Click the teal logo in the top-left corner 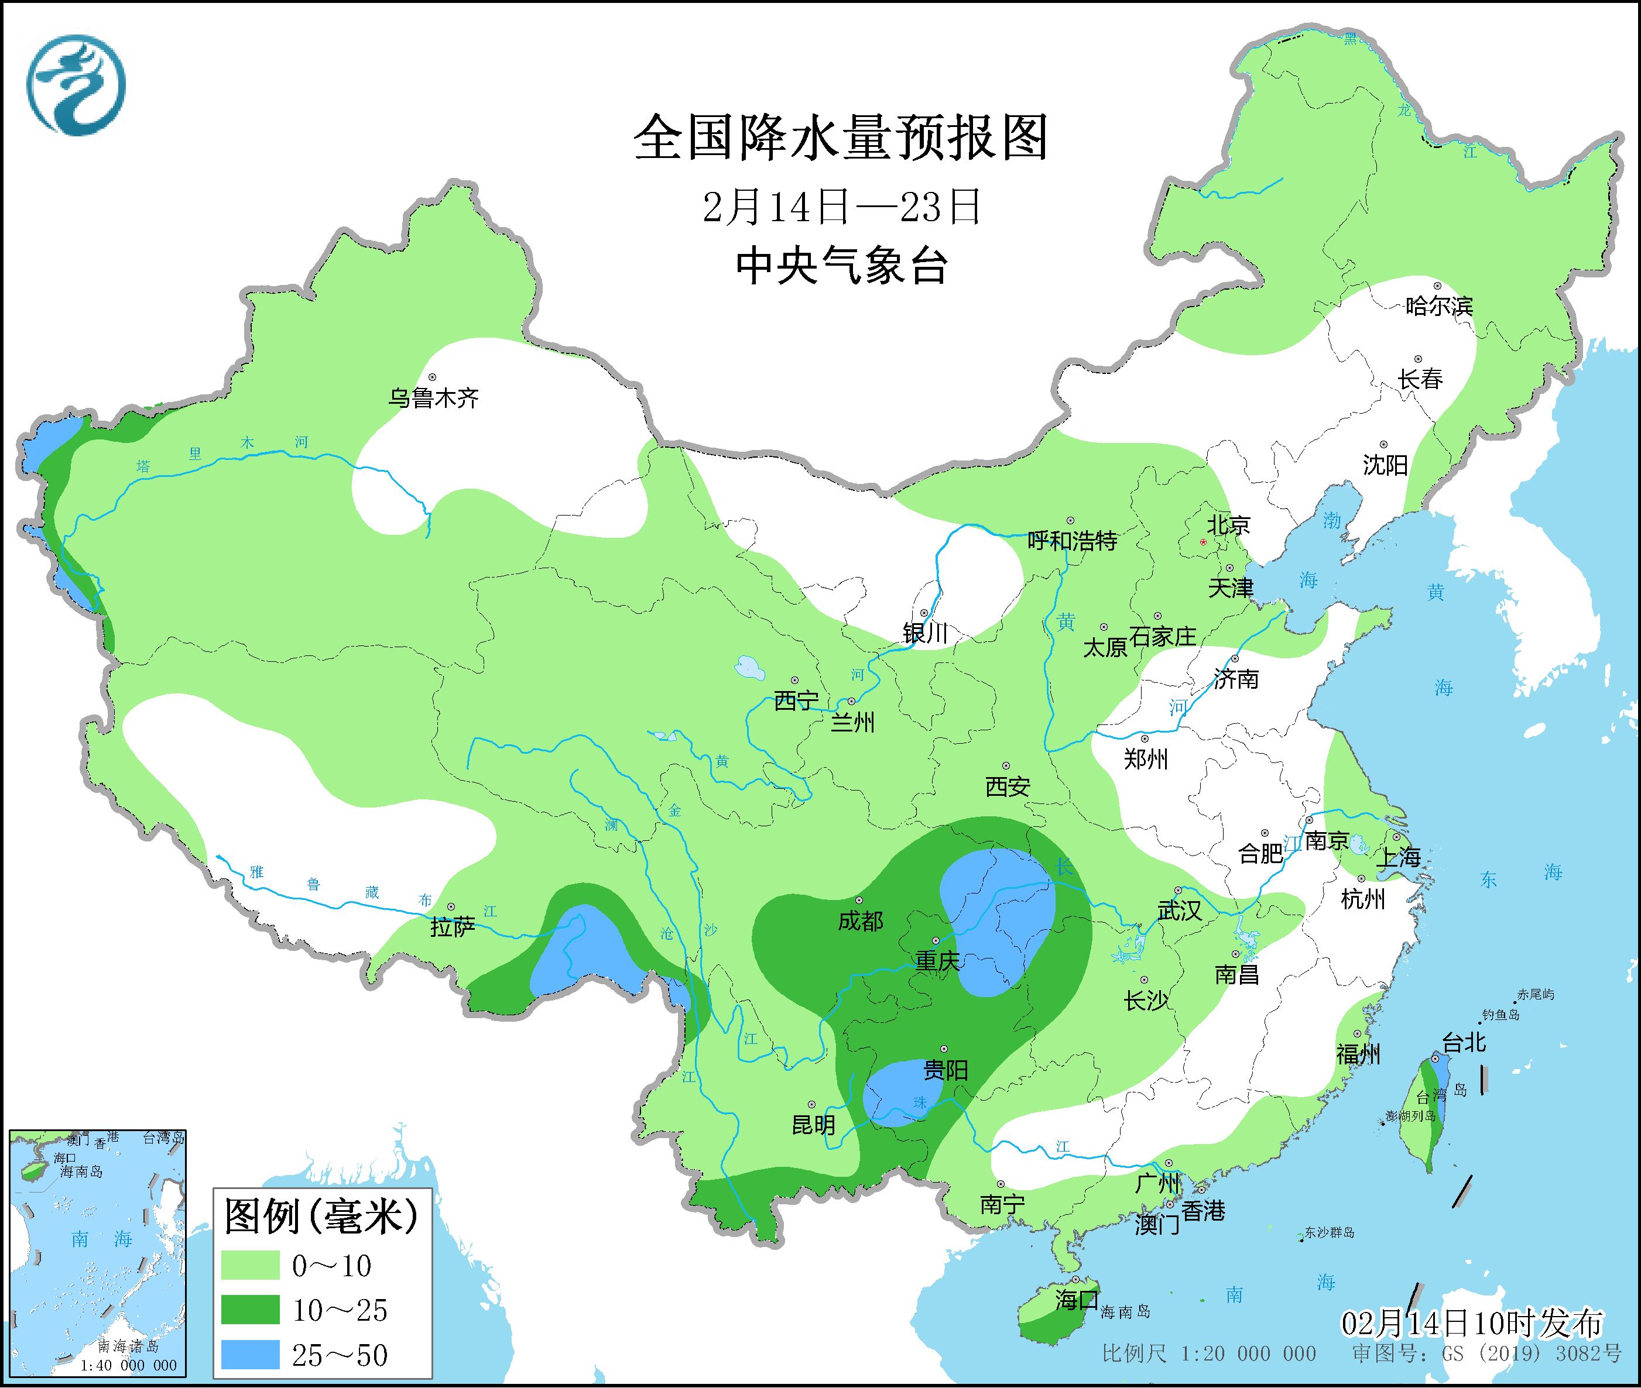point(76,84)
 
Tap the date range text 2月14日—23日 point(841,207)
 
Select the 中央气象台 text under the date point(841,266)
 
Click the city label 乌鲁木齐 point(434,398)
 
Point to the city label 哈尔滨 point(1438,306)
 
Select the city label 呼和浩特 point(1072,541)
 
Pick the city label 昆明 point(813,1125)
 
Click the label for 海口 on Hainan point(1076,1299)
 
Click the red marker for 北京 point(1203,542)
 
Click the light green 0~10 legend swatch point(251,1265)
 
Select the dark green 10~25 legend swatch point(251,1310)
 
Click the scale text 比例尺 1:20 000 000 point(1209,1353)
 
